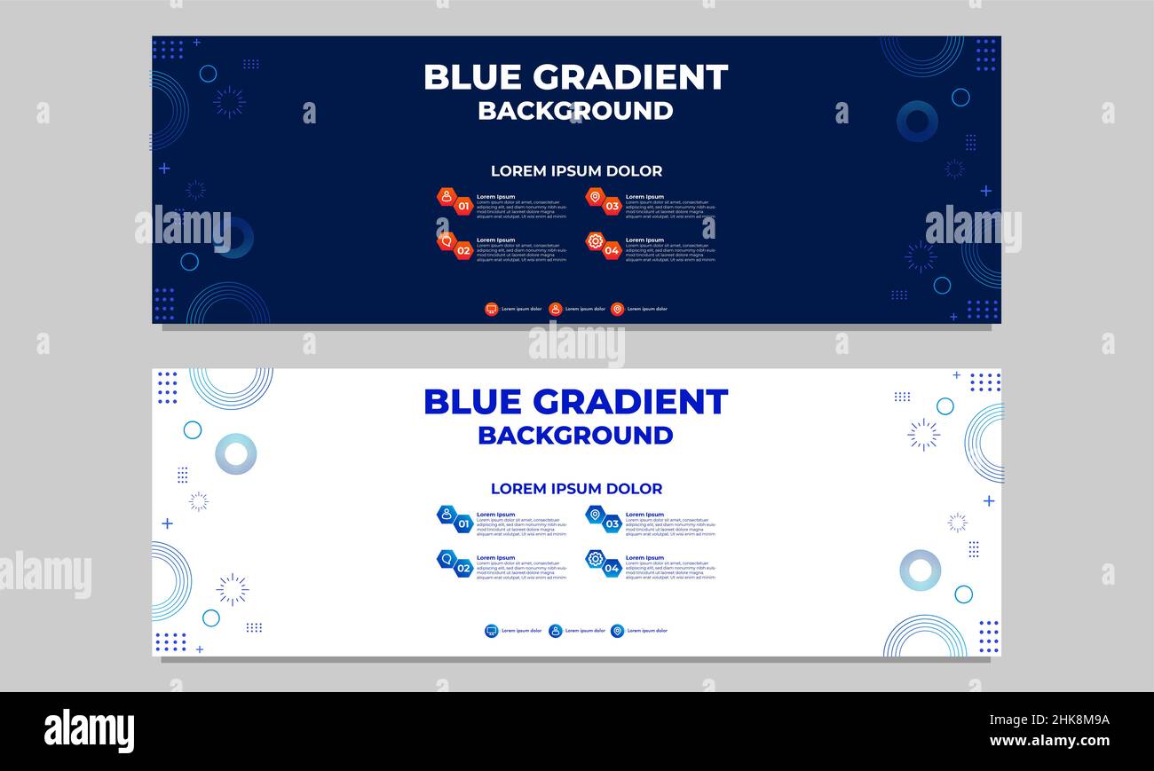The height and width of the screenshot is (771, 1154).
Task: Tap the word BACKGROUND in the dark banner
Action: pos(575,111)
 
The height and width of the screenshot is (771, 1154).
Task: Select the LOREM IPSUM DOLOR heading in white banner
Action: pos(576,489)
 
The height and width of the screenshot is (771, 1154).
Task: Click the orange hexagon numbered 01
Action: pos(463,206)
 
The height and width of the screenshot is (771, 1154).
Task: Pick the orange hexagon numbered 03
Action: pos(612,206)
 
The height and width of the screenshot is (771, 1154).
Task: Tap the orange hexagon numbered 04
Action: pos(612,250)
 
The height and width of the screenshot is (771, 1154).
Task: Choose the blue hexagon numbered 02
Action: pos(463,568)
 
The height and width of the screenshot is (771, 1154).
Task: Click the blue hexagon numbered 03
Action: pos(612,523)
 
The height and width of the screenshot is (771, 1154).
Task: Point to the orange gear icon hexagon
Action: pos(595,240)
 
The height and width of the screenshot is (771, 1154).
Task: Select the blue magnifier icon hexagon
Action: pos(447,558)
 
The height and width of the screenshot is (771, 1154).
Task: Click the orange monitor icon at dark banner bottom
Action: pos(491,309)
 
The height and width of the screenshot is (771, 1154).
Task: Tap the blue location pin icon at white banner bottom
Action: pos(617,631)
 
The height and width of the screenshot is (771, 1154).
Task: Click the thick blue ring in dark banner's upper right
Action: pos(916,121)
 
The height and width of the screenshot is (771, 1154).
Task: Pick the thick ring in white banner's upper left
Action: pos(235,454)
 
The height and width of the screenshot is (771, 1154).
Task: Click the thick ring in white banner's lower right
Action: pos(920,570)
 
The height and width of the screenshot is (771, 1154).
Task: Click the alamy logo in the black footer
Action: pos(89,731)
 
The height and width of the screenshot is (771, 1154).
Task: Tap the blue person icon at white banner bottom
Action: pos(555,631)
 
